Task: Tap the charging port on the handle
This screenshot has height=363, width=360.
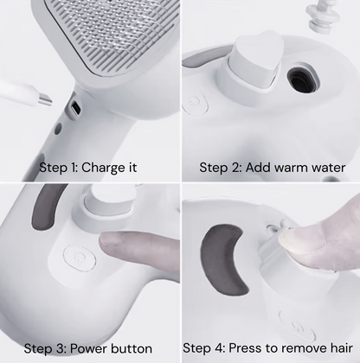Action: point(74,109)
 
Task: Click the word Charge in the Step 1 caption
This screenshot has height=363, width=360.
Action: point(106,166)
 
